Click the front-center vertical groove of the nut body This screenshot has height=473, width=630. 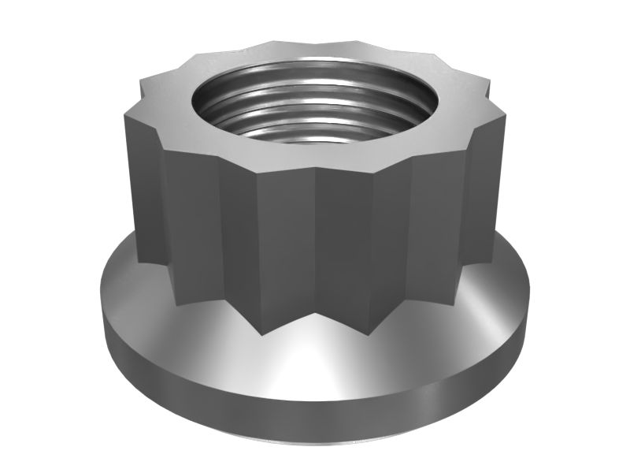point(315,252)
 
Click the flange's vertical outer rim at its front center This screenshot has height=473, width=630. point(315,418)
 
